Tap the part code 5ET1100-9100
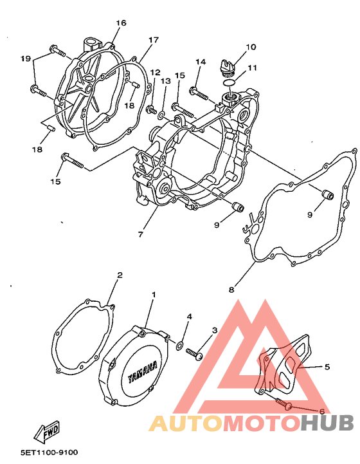click(50, 453)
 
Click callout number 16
click(121, 23)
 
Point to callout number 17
click(154, 40)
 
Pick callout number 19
click(26, 59)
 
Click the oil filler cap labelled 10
click(228, 66)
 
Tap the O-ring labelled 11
click(230, 82)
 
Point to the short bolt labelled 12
click(151, 109)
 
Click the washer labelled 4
click(180, 345)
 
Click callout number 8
click(231, 290)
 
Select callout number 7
click(140, 234)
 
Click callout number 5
click(327, 367)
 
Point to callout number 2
click(120, 275)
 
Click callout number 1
click(154, 295)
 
